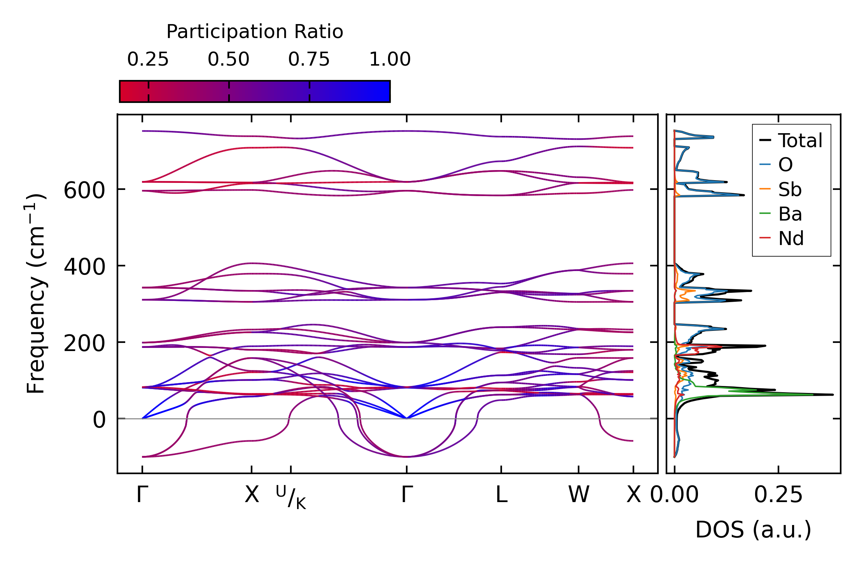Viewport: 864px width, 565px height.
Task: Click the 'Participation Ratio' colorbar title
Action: coord(255,32)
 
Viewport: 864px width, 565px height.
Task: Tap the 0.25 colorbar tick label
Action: coord(148,59)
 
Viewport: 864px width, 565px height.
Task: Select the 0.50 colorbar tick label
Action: coord(228,59)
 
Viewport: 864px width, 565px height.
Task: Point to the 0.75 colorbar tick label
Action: coord(309,59)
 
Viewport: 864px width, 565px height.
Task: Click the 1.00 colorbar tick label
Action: coord(390,59)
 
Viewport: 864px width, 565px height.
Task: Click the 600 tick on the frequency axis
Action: coord(84,191)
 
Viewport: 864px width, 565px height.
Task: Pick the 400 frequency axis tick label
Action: coord(84,267)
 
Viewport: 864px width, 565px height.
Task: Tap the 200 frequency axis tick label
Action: coord(84,344)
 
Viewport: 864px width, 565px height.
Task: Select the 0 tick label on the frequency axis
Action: coord(99,420)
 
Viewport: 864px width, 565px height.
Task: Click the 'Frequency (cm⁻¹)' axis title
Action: coord(36,294)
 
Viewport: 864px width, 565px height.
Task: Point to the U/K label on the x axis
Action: coord(291,497)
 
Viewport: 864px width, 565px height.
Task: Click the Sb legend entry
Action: coord(790,189)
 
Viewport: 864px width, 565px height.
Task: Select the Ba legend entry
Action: coord(790,214)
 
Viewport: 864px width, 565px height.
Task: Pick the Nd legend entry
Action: coord(791,238)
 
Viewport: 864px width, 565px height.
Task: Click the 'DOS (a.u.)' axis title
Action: coord(753,530)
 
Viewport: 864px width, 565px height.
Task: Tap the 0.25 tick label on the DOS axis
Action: coord(778,495)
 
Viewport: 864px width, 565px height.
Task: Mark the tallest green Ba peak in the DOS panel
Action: coord(812,395)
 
